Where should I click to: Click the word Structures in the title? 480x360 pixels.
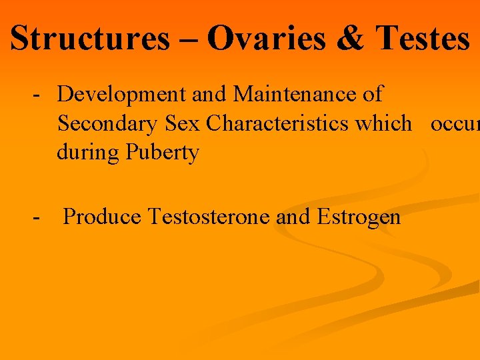[x=90, y=38]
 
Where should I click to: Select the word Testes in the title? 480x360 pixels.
[x=423, y=38]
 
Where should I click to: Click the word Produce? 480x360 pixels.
[x=103, y=216]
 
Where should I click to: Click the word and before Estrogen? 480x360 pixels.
[x=293, y=216]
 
